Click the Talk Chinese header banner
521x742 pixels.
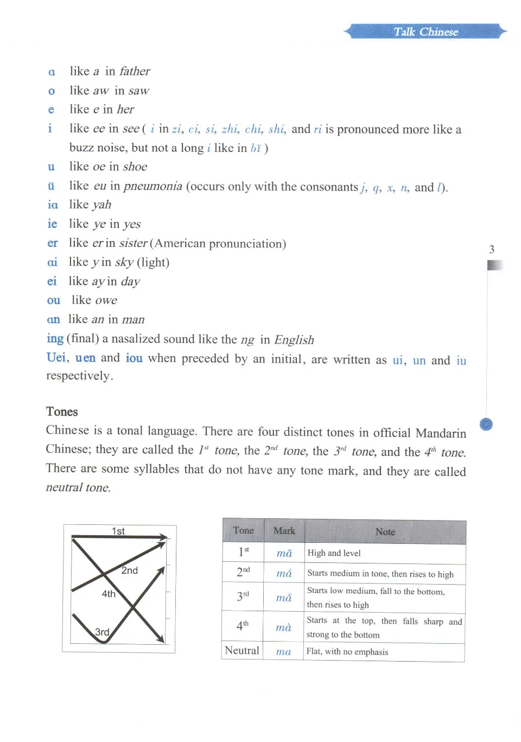tap(426, 31)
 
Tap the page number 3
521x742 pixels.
tap(492, 250)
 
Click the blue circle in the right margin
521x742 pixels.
tap(486, 424)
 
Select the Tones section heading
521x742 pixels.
tap(62, 411)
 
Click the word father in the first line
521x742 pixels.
tap(135, 71)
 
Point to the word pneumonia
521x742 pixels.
tap(153, 186)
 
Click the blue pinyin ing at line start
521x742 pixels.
tap(55, 339)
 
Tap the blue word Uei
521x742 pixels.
tap(56, 358)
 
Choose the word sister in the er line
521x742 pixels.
tap(134, 243)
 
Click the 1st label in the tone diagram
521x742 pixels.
tap(118, 531)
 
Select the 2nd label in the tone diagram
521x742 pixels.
tap(130, 570)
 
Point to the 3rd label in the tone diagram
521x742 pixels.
tap(102, 632)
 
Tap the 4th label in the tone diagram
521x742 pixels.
tap(109, 594)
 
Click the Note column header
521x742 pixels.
tap(385, 532)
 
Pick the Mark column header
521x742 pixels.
tap(284, 531)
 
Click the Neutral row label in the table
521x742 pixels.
tap(242, 650)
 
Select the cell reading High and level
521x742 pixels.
tap(334, 553)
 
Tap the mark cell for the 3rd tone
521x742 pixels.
tap(284, 598)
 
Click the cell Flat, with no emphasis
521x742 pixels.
tap(347, 651)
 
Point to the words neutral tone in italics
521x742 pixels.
tap(78, 487)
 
